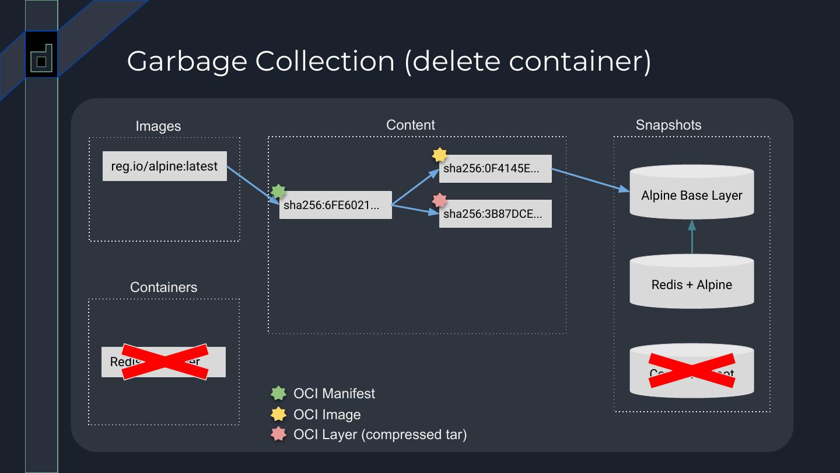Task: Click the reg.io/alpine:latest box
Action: (164, 166)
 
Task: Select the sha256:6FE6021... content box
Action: (335, 205)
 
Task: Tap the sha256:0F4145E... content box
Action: (495, 169)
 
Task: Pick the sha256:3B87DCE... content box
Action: (495, 214)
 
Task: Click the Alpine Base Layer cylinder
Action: (692, 194)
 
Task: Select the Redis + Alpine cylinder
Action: (692, 284)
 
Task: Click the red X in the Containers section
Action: (164, 361)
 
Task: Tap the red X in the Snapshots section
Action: (692, 371)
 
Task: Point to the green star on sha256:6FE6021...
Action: (279, 192)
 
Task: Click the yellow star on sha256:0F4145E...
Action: (439, 155)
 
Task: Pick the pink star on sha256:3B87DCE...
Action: (439, 200)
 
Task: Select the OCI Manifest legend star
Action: (279, 394)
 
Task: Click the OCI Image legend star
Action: (279, 414)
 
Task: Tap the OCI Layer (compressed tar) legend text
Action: (380, 434)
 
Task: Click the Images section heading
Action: (158, 126)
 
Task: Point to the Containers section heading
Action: (163, 287)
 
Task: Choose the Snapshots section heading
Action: (668, 125)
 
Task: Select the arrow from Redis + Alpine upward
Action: (692, 237)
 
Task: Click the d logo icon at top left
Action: (41, 58)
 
